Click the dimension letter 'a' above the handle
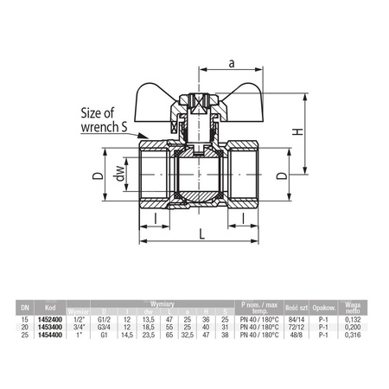point(233,62)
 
